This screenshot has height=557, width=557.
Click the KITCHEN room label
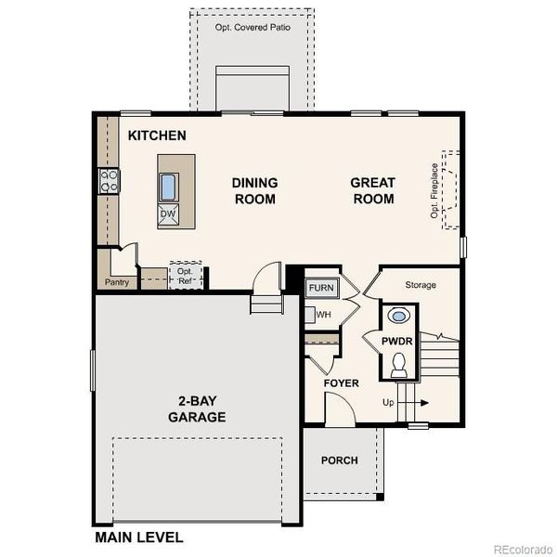click(157, 136)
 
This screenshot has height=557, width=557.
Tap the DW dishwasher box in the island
click(168, 214)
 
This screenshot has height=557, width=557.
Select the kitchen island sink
click(168, 188)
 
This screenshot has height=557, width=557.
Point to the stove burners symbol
click(110, 180)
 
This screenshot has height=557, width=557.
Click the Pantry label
click(117, 281)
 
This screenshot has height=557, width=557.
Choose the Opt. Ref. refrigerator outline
click(185, 275)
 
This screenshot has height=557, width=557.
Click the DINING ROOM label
click(254, 190)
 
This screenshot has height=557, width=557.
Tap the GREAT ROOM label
click(372, 190)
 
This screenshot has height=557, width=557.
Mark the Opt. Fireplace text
click(434, 190)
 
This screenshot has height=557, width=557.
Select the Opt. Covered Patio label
click(253, 27)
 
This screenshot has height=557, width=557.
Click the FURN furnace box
click(322, 288)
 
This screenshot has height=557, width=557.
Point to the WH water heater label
click(323, 315)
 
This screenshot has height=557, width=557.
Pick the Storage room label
click(421, 285)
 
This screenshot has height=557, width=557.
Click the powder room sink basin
click(399, 316)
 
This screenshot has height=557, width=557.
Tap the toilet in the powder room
click(399, 367)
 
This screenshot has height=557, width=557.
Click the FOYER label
click(341, 383)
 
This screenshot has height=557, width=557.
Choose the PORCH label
click(339, 460)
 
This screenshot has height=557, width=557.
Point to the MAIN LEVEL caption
click(138, 537)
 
